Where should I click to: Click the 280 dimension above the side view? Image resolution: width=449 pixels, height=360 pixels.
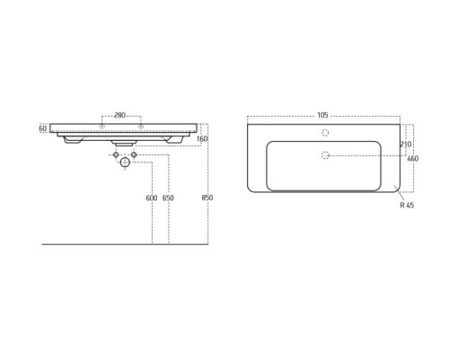click(x=121, y=115)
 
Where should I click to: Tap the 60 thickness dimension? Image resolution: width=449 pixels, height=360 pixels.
click(x=43, y=128)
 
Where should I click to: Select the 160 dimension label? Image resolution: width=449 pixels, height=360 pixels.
click(x=202, y=138)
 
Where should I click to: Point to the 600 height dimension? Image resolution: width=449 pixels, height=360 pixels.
click(x=150, y=198)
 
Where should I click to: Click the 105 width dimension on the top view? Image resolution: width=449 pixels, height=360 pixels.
click(x=322, y=115)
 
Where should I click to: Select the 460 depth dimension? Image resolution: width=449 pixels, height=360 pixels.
click(x=413, y=159)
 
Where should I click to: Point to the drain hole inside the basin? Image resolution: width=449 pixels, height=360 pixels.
click(x=325, y=156)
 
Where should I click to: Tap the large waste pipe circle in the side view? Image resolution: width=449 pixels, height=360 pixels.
click(x=122, y=165)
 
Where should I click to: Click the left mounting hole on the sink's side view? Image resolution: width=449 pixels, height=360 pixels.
click(x=102, y=125)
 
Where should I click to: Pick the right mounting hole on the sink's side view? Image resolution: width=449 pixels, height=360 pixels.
click(x=142, y=125)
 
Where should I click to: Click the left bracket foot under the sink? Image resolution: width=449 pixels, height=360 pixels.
click(x=72, y=140)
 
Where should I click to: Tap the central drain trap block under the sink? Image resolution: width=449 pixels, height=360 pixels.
click(x=122, y=141)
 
